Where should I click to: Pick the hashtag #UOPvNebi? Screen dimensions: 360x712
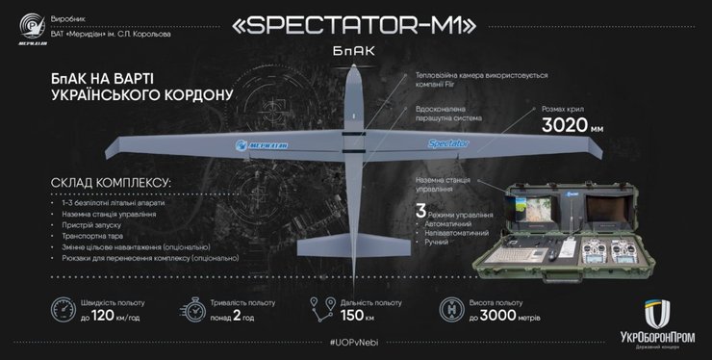355,345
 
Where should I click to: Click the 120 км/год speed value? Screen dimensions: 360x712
104,318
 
